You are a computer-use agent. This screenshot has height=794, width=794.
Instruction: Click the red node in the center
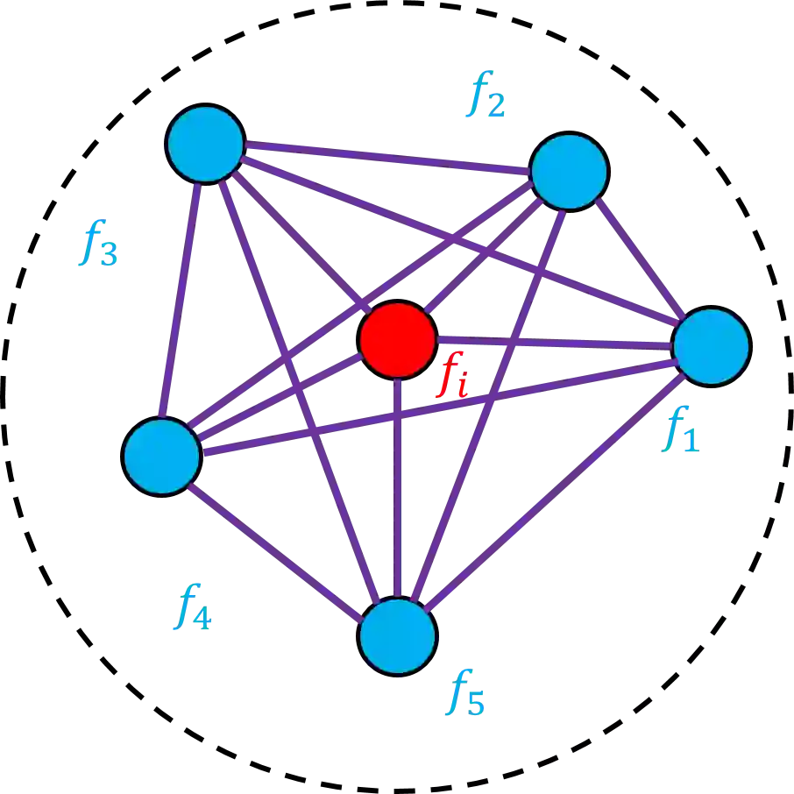398,340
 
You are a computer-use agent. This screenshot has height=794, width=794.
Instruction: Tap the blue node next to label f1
711,346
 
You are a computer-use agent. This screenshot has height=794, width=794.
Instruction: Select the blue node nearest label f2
569,172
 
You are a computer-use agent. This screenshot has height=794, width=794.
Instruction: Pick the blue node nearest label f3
205,144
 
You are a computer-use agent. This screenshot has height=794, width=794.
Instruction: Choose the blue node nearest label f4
162,456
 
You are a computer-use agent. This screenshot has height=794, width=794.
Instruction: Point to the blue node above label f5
397,635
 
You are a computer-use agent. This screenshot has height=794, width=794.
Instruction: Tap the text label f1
679,429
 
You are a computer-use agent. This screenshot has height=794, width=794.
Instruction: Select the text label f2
485,96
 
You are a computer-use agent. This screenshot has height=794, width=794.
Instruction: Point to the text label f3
97,243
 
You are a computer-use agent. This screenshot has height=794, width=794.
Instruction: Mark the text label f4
192,606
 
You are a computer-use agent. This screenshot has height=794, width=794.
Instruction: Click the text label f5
464,693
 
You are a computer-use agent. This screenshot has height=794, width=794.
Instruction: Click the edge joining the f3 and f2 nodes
386,155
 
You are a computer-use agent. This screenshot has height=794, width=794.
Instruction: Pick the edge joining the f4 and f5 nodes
279,546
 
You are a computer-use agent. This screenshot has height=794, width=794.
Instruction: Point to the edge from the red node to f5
398,491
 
